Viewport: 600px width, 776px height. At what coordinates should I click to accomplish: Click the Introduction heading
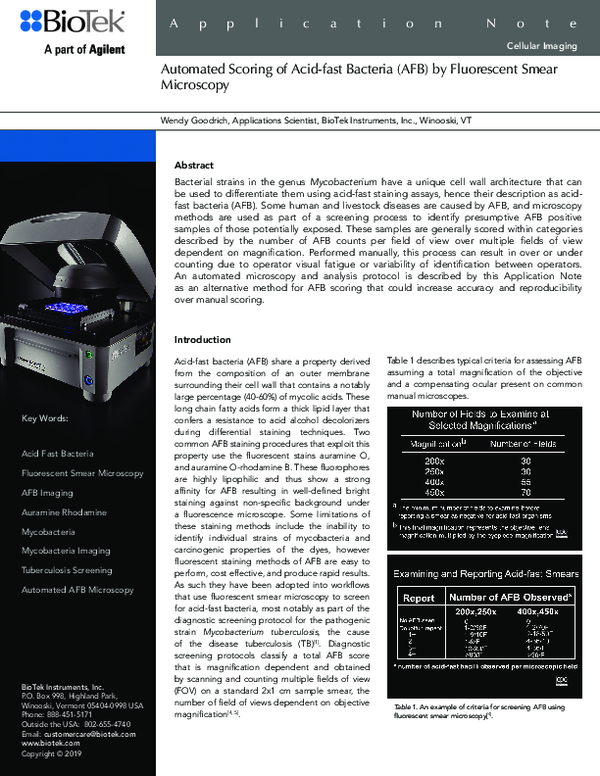[204, 339]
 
